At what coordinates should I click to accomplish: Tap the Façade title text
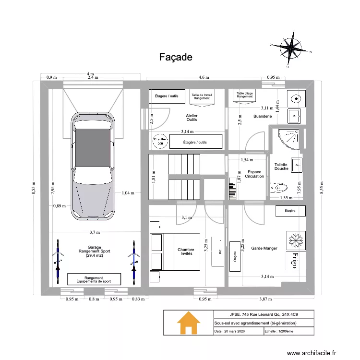point(176,57)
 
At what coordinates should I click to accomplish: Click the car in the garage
point(94,166)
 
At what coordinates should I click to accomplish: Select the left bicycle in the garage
point(58,262)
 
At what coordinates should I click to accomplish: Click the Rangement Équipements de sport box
point(94,279)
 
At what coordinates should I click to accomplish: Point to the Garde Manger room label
point(264,248)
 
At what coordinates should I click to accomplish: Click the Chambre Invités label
point(186,252)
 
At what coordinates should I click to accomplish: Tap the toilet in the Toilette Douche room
point(278,187)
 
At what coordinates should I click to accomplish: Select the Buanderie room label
point(263,116)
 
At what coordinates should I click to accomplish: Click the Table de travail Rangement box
point(202,96)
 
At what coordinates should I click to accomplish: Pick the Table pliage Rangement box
point(244,95)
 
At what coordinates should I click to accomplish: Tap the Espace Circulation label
point(254,174)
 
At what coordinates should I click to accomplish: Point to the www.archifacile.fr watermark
point(312,353)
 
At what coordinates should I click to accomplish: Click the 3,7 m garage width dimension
point(95,232)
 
